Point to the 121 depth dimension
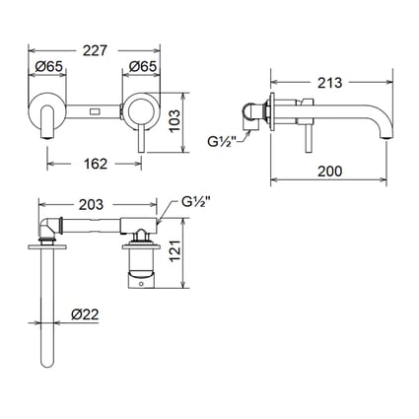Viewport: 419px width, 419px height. point(200,255)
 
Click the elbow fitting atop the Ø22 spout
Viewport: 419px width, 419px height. point(48,229)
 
